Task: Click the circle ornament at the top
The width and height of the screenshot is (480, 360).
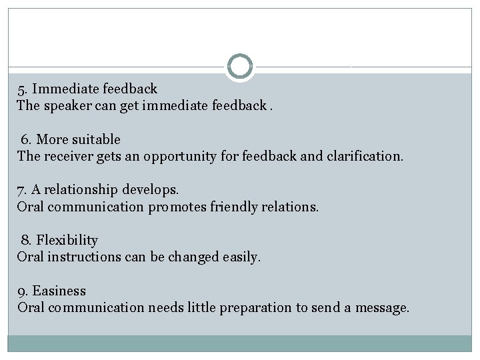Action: tap(240, 67)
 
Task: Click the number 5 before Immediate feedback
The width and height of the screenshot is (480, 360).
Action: tap(21, 89)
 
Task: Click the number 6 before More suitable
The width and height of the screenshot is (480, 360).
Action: tap(25, 140)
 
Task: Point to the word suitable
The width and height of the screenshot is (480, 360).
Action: tap(98, 140)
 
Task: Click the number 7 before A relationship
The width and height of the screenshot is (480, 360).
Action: tap(21, 190)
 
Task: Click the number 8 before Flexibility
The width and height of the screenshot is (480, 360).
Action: tap(25, 240)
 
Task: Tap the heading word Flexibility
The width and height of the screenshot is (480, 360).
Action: tap(67, 240)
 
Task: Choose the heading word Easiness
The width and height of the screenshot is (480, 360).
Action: tap(59, 291)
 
